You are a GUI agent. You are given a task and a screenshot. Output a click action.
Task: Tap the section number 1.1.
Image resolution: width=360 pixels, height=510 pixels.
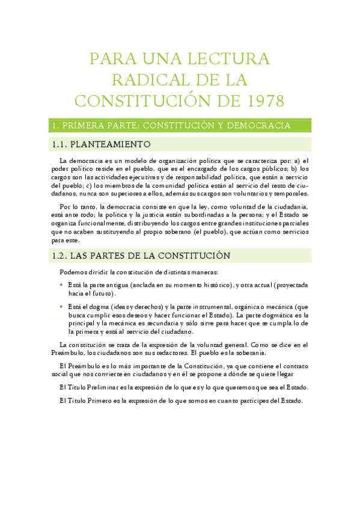(59, 145)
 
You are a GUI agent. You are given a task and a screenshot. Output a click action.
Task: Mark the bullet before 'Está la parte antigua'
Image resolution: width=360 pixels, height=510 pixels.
(61, 284)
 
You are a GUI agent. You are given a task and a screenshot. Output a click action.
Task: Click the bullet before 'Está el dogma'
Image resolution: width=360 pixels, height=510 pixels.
(61, 307)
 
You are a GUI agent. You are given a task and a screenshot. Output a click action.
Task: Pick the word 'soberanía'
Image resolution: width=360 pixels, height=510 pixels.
(248, 352)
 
